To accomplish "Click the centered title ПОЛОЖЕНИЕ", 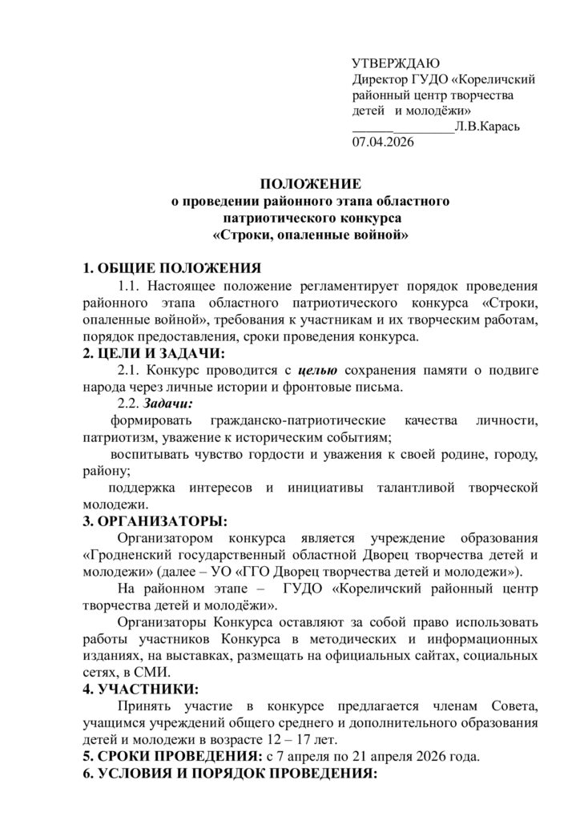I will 312,183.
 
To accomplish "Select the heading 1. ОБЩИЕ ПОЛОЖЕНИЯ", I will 172,267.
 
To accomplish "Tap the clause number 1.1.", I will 131,285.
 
